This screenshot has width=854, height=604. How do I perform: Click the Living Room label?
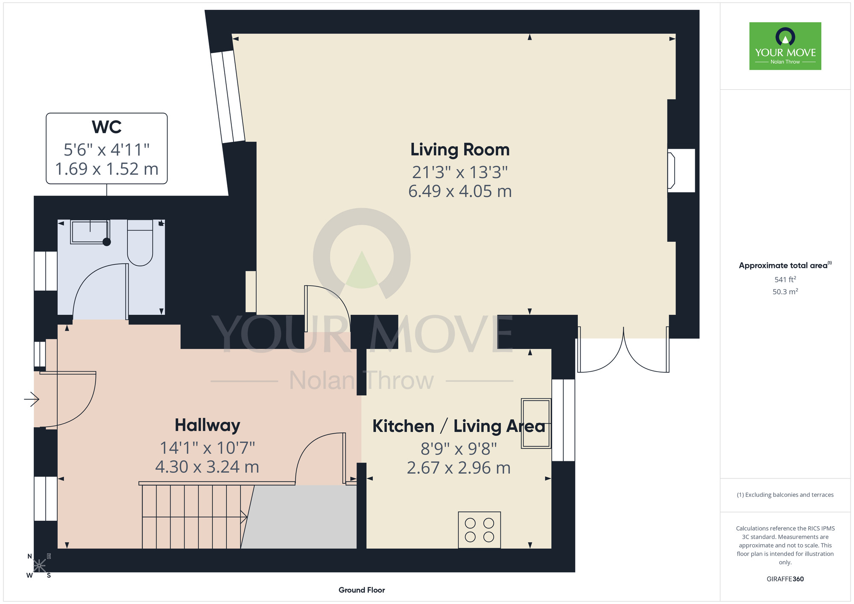click(x=460, y=150)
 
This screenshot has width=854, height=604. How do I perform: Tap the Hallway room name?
click(x=208, y=425)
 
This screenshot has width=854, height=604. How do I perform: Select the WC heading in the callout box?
click(x=107, y=127)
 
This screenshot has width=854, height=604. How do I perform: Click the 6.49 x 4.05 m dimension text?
click(x=460, y=191)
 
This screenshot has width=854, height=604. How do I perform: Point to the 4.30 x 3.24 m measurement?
click(x=207, y=467)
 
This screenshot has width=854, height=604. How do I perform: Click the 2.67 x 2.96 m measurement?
click(x=459, y=468)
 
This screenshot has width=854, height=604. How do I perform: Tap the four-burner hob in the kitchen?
click(x=479, y=530)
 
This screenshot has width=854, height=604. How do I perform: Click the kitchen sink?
click(x=536, y=423)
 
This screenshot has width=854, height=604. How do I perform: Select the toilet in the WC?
click(x=140, y=243)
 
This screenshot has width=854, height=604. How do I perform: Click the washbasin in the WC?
click(x=90, y=232)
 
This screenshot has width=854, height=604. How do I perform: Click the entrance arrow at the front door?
click(x=32, y=399)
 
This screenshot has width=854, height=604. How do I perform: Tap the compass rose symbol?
click(x=39, y=566)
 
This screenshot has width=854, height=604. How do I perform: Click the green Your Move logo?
click(x=785, y=46)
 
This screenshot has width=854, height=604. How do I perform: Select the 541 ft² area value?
click(x=785, y=279)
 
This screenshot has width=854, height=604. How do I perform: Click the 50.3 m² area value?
click(x=785, y=292)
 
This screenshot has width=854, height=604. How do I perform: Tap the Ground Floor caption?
click(x=362, y=590)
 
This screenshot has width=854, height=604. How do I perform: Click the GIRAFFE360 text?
click(x=785, y=579)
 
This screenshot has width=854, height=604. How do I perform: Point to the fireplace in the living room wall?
click(x=681, y=170)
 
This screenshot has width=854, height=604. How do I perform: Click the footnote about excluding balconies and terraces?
click(x=785, y=495)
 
